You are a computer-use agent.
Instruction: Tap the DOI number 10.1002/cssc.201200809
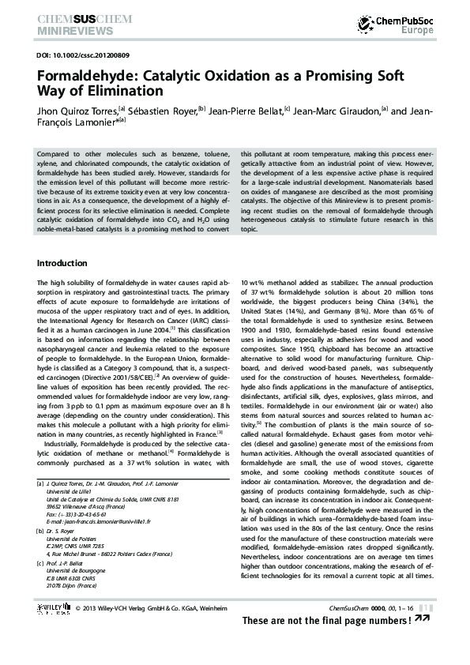pyautogui.click(x=96, y=56)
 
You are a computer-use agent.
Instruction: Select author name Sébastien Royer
pyautogui.click(x=162, y=111)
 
